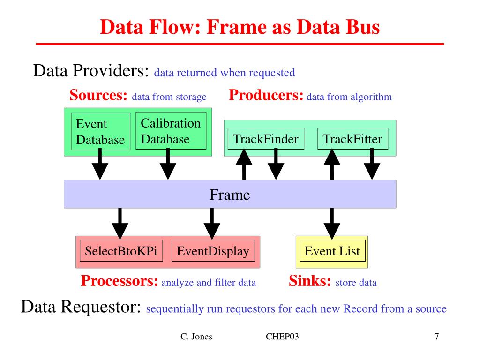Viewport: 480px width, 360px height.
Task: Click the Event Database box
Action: tap(100, 131)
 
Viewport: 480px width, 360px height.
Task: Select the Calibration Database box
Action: tap(171, 131)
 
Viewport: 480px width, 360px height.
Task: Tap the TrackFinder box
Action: tap(266, 139)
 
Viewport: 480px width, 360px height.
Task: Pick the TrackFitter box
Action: tap(352, 139)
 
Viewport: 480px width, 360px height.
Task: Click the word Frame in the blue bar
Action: tap(230, 195)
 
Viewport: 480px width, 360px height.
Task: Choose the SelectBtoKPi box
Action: tap(121, 251)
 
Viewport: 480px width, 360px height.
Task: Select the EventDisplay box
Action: tap(213, 251)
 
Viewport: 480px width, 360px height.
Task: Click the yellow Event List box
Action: tap(332, 252)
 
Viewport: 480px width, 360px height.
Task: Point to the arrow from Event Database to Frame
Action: tap(100, 164)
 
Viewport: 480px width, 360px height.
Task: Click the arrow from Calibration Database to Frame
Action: tap(168, 164)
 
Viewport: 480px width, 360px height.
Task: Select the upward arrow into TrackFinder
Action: tap(244, 164)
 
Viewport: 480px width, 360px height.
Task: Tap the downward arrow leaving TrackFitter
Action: tap(372, 164)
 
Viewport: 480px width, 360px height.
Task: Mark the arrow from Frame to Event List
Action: tap(332, 224)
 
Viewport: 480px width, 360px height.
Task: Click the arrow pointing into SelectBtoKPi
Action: tap(120, 224)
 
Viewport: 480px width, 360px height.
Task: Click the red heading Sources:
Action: tap(98, 95)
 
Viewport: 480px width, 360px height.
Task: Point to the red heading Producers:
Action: tap(266, 95)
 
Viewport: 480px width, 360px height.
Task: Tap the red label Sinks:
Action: tap(310, 281)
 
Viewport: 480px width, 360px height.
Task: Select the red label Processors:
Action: tap(120, 281)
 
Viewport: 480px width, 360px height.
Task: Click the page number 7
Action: tap(436, 337)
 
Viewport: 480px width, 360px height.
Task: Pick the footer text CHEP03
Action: tap(282, 337)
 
